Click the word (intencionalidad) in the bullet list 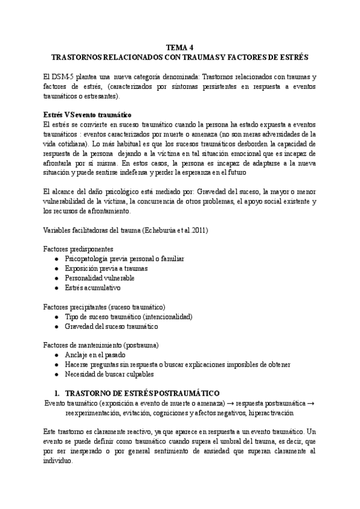coord(163,316)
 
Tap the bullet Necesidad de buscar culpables coord(112,375)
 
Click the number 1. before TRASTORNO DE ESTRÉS coord(57,391)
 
